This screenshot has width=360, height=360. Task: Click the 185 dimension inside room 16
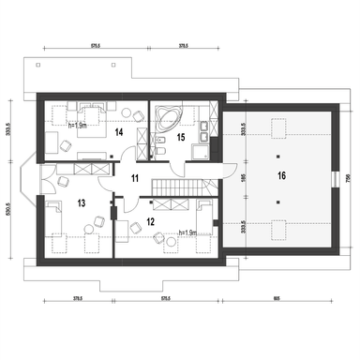(242, 174)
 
